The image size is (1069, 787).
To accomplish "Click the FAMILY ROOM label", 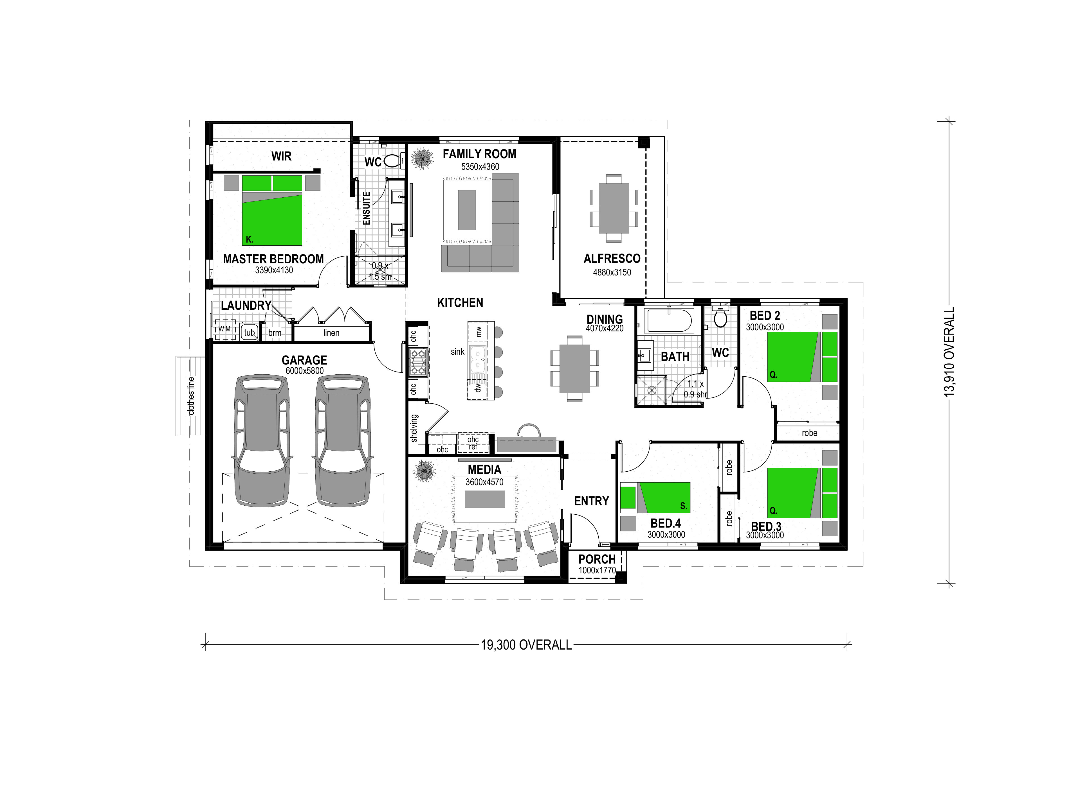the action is click(479, 154).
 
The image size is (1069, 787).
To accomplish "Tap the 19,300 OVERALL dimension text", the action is click(526, 645).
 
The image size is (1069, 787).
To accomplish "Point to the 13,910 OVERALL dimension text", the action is click(949, 352).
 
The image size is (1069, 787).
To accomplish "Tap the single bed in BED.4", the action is click(655, 497).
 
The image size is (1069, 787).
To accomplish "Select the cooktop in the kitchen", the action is click(418, 362).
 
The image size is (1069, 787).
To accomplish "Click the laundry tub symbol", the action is click(249, 332).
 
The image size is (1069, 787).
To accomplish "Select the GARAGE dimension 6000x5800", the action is click(305, 371).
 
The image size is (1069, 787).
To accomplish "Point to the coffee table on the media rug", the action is click(485, 499).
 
